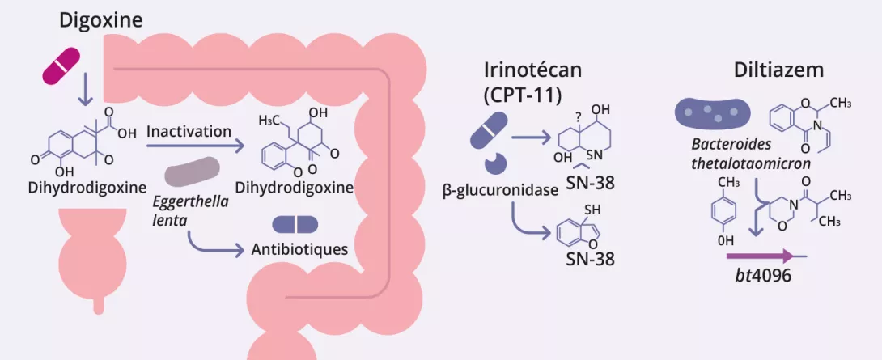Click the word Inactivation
pos(189,131)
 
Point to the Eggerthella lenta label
pos(189,210)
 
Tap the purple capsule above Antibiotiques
pos(295,224)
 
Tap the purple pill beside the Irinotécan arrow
pos(488,132)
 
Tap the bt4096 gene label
pos(758,274)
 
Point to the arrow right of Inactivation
pos(195,147)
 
